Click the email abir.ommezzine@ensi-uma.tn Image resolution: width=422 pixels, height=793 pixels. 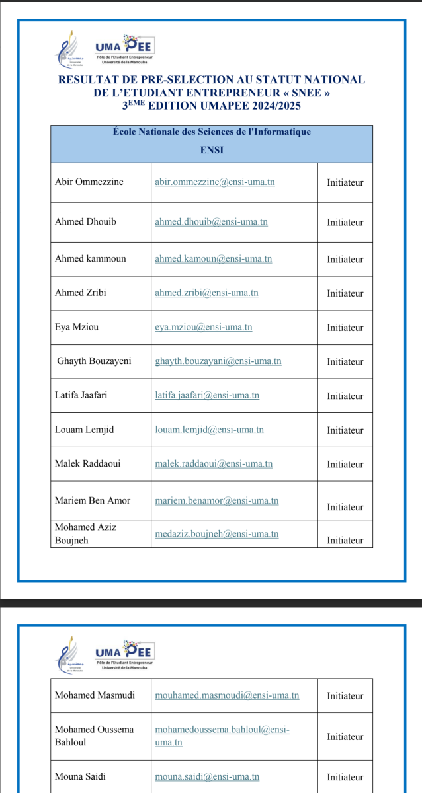click(x=214, y=182)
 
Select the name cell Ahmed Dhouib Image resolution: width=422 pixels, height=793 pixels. click(x=85, y=222)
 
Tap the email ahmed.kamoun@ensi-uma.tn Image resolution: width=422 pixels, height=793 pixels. click(x=213, y=259)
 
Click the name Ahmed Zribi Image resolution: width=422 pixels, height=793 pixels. click(x=81, y=293)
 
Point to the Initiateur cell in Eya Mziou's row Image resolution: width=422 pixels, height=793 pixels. click(x=345, y=328)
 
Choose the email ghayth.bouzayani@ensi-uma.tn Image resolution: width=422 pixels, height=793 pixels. click(x=218, y=361)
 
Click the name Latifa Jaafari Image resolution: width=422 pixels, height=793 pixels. click(x=81, y=396)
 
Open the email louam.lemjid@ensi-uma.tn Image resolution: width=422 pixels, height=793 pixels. click(x=209, y=430)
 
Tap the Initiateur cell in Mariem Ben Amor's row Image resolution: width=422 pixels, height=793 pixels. click(x=345, y=507)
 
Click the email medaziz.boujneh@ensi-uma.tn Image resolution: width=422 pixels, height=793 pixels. click(x=216, y=534)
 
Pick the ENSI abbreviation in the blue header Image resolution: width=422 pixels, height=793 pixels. click(x=212, y=150)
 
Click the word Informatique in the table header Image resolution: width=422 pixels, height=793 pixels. click(x=282, y=132)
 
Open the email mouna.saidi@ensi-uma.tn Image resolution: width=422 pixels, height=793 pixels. click(x=206, y=778)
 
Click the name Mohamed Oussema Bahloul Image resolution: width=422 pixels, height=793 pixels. click(x=94, y=736)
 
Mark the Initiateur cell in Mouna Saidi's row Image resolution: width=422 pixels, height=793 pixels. click(x=345, y=778)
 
